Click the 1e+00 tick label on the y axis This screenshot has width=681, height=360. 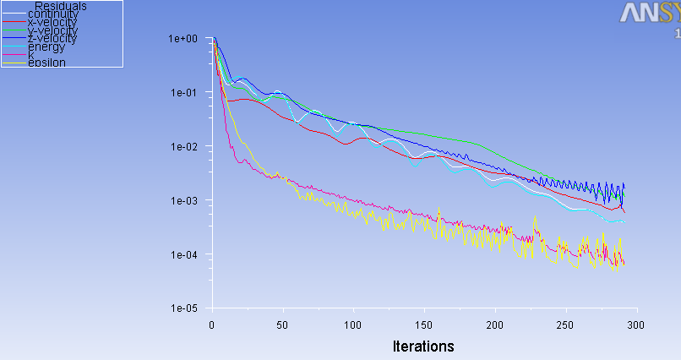pyautogui.click(x=183, y=39)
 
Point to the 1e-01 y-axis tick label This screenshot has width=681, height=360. pyautogui.click(x=183, y=93)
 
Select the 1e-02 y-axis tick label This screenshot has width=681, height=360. pyautogui.click(x=183, y=147)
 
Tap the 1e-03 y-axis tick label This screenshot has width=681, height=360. pyautogui.click(x=183, y=201)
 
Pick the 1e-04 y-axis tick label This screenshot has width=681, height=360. pyautogui.click(x=183, y=255)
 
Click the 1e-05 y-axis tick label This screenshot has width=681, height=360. pyautogui.click(x=183, y=309)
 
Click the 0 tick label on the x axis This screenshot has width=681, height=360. pyautogui.click(x=212, y=325)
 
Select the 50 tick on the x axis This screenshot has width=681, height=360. pyautogui.click(x=283, y=325)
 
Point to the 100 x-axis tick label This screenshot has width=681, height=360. pyautogui.click(x=353, y=325)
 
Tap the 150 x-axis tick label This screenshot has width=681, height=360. pyautogui.click(x=424, y=325)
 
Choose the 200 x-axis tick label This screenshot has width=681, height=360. pyautogui.click(x=495, y=325)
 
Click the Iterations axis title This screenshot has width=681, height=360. pyautogui.click(x=423, y=346)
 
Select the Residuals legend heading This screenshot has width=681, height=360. pyautogui.click(x=62, y=6)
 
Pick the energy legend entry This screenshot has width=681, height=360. pyautogui.click(x=46, y=47)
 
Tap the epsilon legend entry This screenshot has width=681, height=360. pyautogui.click(x=46, y=63)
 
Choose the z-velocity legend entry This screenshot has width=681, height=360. pyautogui.click(x=52, y=39)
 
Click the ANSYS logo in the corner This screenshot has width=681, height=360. pyautogui.click(x=651, y=14)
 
